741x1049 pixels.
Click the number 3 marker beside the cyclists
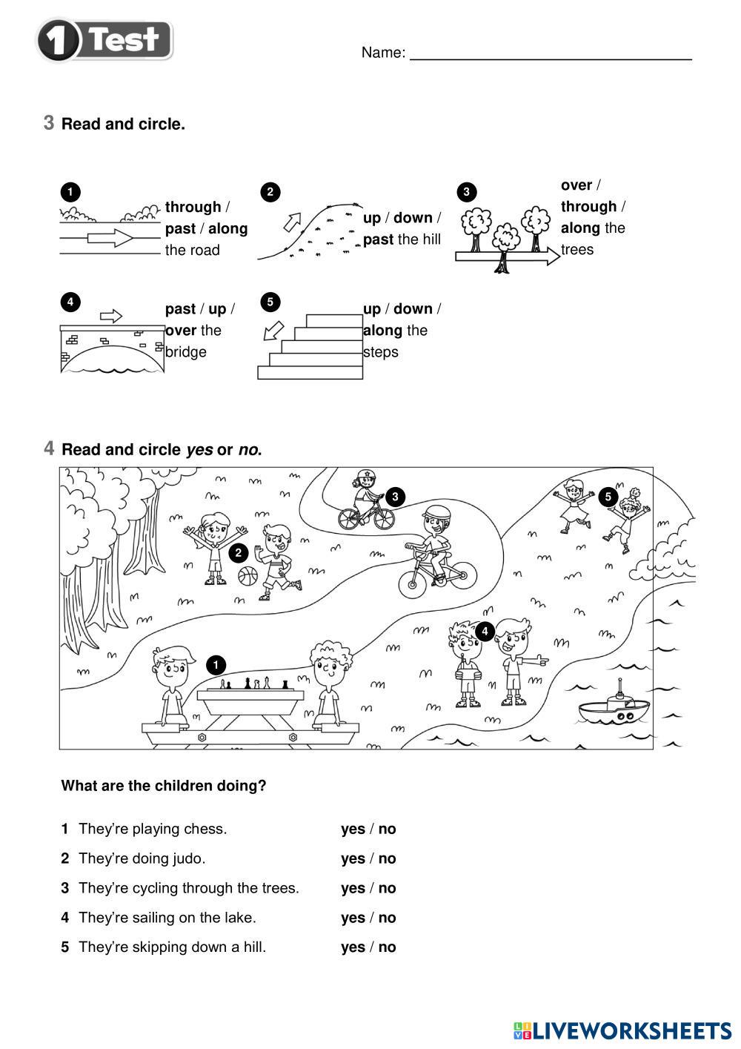395,497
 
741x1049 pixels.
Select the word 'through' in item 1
193,207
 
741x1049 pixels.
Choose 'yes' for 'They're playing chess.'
353,829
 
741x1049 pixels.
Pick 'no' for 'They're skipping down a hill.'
387,947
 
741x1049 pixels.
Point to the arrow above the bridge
110,316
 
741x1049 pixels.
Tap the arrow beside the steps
273,330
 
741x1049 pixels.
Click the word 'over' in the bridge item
181,330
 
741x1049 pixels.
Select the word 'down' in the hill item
413,218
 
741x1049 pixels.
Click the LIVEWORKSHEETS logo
622,1030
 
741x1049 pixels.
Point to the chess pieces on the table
255,684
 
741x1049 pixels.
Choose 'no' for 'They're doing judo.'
387,858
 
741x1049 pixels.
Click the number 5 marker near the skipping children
608,497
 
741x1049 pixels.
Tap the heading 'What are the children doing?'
164,786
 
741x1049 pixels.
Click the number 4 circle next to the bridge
70,302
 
